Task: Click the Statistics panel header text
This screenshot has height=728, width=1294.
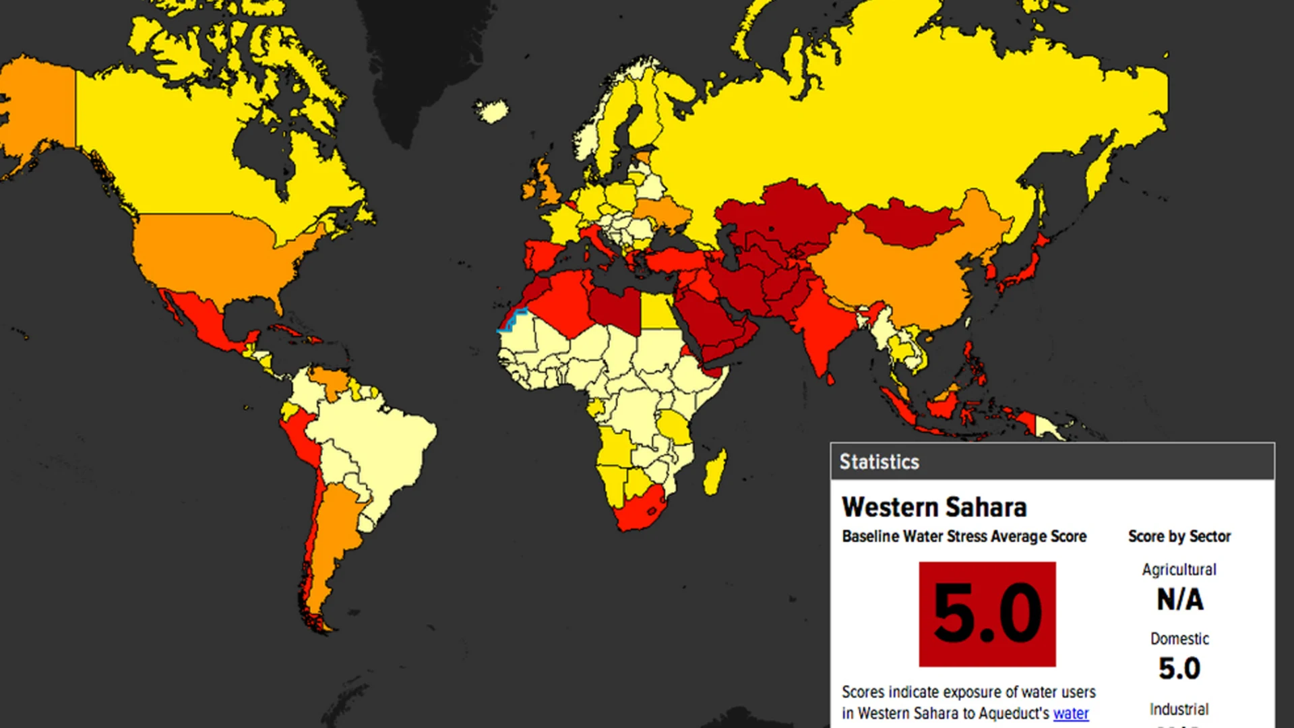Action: tap(879, 462)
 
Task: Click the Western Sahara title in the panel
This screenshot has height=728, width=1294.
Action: tap(934, 507)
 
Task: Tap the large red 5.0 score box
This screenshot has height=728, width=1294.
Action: tap(987, 614)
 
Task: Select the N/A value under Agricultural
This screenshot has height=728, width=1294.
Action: tap(1179, 599)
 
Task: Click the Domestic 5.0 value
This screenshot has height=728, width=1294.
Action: tap(1179, 668)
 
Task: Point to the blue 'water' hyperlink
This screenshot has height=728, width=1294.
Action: tap(1071, 713)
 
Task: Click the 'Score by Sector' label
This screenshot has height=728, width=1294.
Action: tap(1179, 537)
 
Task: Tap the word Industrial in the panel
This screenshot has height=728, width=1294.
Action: tap(1179, 709)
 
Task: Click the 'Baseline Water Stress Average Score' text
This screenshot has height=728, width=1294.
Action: tap(964, 537)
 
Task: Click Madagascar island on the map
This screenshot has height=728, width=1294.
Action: tap(715, 472)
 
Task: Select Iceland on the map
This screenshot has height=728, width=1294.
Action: tap(492, 111)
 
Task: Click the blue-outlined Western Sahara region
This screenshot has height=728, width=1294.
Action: tap(512, 321)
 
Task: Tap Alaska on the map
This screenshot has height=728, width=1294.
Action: tap(37, 108)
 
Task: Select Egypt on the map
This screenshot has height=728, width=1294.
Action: tap(659, 311)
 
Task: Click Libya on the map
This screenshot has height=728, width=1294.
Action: tap(613, 307)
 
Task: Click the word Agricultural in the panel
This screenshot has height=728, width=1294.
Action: tap(1179, 570)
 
